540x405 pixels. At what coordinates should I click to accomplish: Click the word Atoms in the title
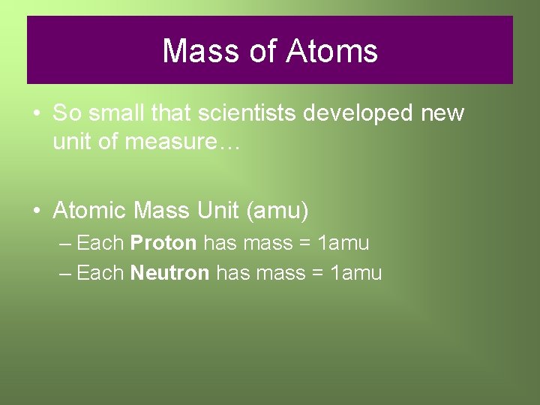tap(331, 51)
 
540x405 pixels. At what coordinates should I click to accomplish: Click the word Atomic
tap(90, 211)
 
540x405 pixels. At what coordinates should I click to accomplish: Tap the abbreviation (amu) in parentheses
tap(277, 211)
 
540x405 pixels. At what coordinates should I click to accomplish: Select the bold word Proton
tap(163, 243)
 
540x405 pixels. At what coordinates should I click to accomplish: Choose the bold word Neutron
tap(169, 273)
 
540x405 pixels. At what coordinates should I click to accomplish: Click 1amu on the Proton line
tap(343, 243)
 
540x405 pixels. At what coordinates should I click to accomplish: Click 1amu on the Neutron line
tap(356, 273)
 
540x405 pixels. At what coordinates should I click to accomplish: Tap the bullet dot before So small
tap(37, 115)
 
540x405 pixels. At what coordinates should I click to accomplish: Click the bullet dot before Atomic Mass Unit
tap(37, 211)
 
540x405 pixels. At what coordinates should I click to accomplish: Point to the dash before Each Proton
tap(64, 244)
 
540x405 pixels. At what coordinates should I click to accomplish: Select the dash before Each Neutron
tap(64, 274)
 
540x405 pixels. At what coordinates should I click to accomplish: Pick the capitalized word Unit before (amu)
tap(217, 211)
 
